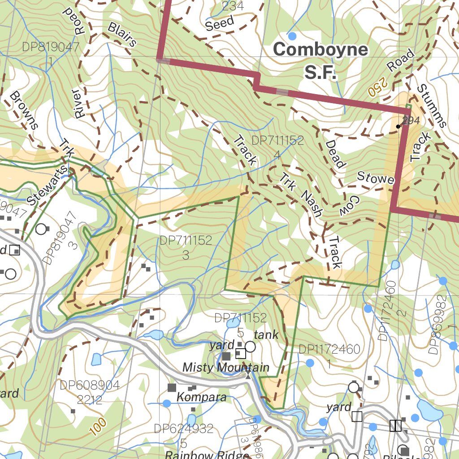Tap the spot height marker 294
click(x=398, y=126)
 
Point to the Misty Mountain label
click(x=226, y=368)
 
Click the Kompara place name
click(x=201, y=397)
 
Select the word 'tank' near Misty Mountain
click(x=266, y=334)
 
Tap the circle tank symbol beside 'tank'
click(x=250, y=346)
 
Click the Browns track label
click(x=23, y=110)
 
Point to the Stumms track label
click(x=432, y=105)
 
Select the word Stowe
click(x=375, y=178)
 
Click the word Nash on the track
click(x=312, y=203)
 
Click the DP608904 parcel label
click(x=90, y=385)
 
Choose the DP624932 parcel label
click(x=184, y=429)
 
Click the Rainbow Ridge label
click(x=207, y=455)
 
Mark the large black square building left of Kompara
click(x=172, y=387)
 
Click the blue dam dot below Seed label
click(x=292, y=36)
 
